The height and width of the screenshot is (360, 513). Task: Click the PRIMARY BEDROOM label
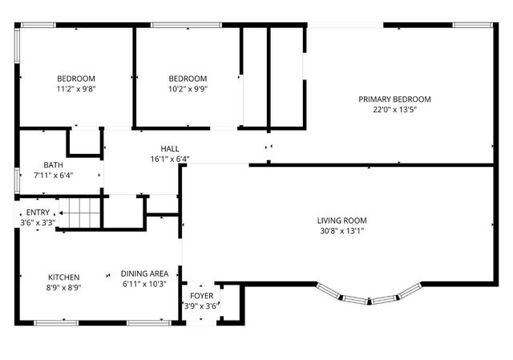point(394,99)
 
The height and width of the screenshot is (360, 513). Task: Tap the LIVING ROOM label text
point(341,220)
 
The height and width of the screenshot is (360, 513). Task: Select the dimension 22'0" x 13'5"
point(394,110)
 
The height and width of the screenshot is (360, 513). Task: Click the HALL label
point(170,148)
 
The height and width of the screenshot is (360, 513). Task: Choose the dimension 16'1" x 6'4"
point(170,159)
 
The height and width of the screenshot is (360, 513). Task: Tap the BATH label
point(54,164)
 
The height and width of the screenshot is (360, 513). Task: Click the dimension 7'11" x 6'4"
point(54,175)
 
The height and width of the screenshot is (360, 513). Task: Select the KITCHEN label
point(64,277)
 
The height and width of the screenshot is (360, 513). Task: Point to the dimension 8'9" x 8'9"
point(64,287)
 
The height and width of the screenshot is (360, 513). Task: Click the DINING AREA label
point(144,273)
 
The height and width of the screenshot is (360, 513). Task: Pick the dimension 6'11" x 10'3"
point(144,283)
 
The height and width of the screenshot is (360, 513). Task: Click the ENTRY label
point(38,212)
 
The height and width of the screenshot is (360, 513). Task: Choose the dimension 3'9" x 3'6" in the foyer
point(200,305)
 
